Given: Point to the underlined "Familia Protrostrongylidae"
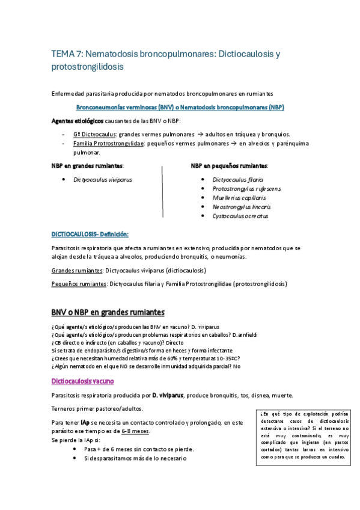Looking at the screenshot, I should coord(108,144).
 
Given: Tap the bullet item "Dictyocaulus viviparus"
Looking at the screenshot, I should coord(102,179).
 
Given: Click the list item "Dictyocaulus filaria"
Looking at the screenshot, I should coord(237,179).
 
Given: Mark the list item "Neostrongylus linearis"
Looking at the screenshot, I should coord(242,206).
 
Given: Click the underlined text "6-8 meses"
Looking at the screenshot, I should coord(135,432).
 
